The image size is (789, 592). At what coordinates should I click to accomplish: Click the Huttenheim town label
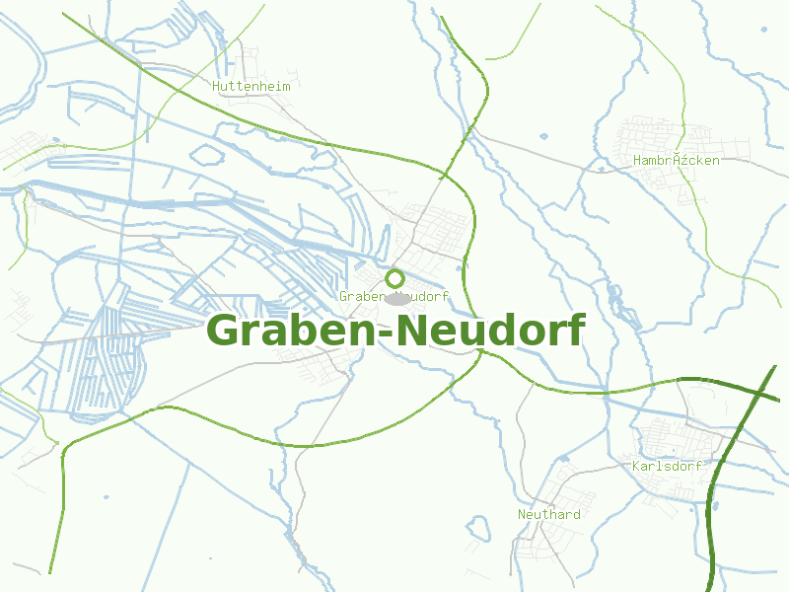click(x=251, y=86)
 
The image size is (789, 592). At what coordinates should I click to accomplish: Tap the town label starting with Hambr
click(x=677, y=160)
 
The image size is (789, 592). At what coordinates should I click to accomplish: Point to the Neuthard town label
click(x=549, y=514)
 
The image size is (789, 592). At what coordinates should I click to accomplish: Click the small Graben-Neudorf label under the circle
click(x=394, y=296)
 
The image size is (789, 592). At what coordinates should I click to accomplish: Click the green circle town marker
click(x=394, y=278)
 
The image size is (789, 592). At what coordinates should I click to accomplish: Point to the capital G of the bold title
click(x=226, y=331)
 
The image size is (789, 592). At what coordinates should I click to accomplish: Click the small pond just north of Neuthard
click(x=562, y=459)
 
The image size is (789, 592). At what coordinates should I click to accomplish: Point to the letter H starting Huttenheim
click(x=216, y=86)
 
